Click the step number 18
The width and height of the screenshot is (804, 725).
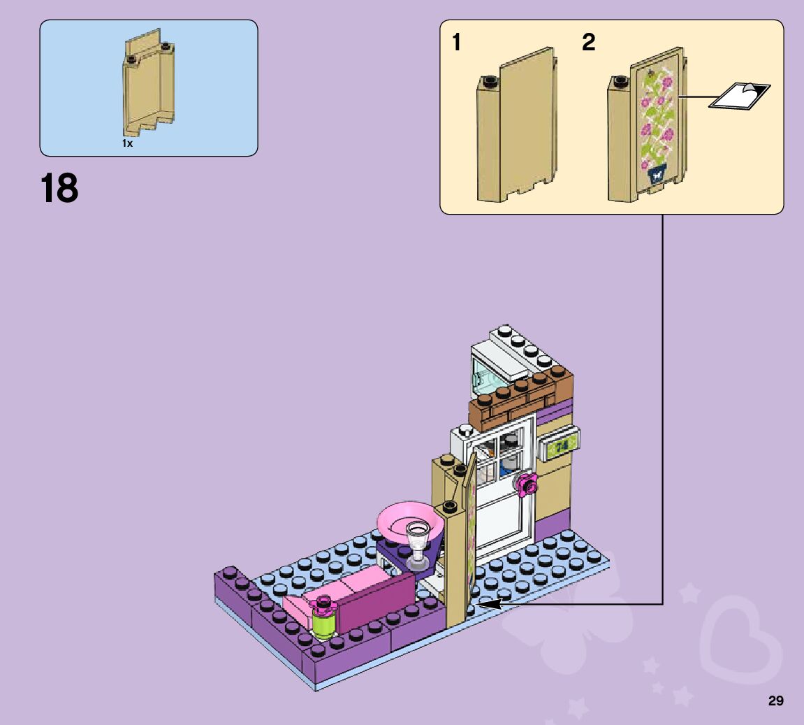pos(59,189)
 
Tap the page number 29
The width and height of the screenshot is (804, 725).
pos(775,701)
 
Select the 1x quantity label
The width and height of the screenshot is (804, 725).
pos(127,143)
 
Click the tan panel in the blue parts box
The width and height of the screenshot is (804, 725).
pos(150,87)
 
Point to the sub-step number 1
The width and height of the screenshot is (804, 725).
pos(456,43)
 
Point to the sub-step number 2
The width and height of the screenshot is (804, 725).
pos(589,43)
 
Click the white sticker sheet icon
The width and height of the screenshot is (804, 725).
pos(739,96)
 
